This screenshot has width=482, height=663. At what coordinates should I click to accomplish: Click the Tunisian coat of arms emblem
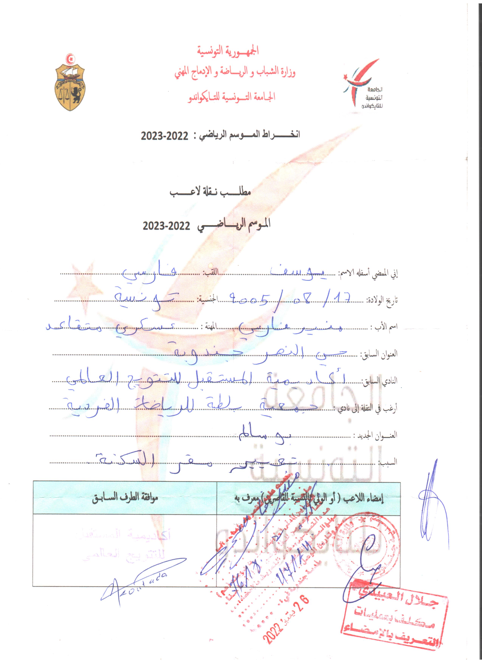70,83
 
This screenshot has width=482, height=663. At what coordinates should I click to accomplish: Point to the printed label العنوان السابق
378,354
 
